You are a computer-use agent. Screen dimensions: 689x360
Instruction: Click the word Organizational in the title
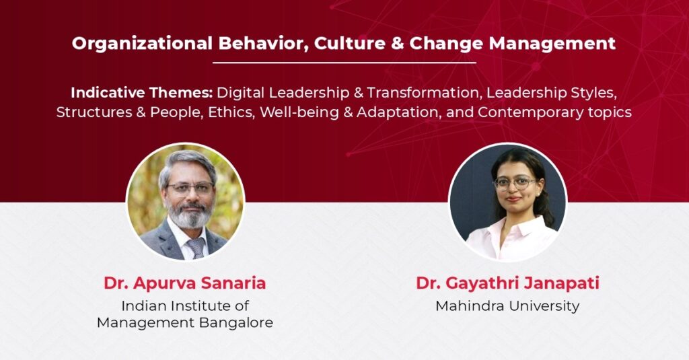[143, 44]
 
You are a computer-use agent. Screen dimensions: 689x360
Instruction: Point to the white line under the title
[344, 63]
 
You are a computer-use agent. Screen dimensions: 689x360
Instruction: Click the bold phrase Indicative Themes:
[142, 93]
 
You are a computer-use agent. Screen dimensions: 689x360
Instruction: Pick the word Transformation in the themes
[423, 93]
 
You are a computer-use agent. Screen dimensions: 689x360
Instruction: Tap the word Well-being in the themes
[299, 113]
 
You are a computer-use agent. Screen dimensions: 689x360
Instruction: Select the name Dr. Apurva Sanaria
[185, 283]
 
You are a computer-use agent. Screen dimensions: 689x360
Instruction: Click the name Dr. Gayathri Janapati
[507, 283]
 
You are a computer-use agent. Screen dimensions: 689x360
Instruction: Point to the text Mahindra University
[507, 306]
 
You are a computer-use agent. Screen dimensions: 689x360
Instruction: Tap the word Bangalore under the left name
[236, 323]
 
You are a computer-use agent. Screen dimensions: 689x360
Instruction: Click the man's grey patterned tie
[196, 248]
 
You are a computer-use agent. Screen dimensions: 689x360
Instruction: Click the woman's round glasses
[515, 183]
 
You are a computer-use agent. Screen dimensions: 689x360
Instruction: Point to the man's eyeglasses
[190, 188]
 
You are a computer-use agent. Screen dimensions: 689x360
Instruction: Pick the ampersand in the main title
[397, 44]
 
